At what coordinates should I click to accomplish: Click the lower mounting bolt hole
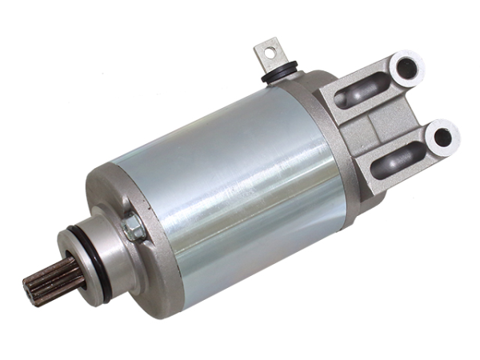pyautogui.click(x=441, y=137)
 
